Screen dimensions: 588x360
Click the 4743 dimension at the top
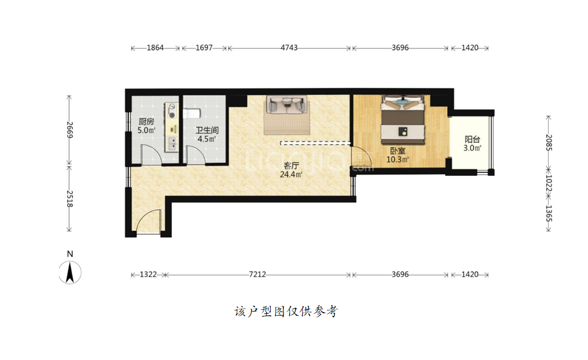pos(289,47)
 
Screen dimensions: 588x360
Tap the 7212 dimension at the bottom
pos(257,275)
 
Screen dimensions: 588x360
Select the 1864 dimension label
pos(155,47)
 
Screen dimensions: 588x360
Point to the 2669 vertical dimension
pos(70,129)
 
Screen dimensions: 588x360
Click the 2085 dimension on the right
pos(549,143)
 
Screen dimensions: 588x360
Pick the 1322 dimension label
pos(148,275)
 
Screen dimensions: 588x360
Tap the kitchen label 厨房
pos(146,122)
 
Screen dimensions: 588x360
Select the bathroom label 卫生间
pos(207,130)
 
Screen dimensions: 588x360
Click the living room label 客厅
pos(291,165)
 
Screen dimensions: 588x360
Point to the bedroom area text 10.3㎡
pos(397,160)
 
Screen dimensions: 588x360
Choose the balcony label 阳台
pos(472,140)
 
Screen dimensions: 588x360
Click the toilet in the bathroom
pos(192,113)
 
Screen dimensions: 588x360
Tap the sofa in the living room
pos(287,105)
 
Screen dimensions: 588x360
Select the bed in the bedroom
pos(403,120)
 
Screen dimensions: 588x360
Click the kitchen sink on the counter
pos(172,144)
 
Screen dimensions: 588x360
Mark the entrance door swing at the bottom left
pos(148,222)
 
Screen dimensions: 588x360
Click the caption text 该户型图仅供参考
pos(286,311)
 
